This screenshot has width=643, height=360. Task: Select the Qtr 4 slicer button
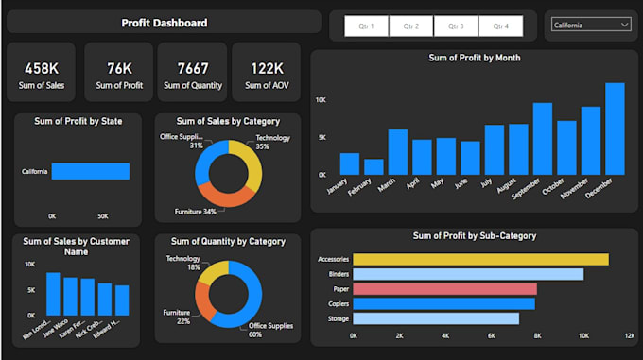tap(500, 26)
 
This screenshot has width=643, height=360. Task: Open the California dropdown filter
tap(591, 26)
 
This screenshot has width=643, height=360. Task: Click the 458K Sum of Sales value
tap(42, 68)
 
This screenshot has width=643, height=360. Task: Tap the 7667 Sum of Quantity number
tap(192, 68)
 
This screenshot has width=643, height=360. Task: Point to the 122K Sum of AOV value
tap(266, 68)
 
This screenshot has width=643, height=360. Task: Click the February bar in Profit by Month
tap(374, 166)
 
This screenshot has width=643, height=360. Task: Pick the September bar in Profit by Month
tap(543, 139)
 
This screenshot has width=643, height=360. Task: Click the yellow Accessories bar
tap(480, 259)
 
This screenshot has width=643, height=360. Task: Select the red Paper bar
tap(444, 289)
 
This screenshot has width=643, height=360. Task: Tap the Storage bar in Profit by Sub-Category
tap(436, 318)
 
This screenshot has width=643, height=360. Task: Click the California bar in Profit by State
tap(90, 171)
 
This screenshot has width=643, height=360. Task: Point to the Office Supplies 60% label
tap(269, 330)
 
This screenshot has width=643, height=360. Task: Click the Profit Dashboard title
tap(165, 23)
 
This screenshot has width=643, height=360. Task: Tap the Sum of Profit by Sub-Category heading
tap(475, 235)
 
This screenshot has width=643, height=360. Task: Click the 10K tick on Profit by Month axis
tap(321, 99)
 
